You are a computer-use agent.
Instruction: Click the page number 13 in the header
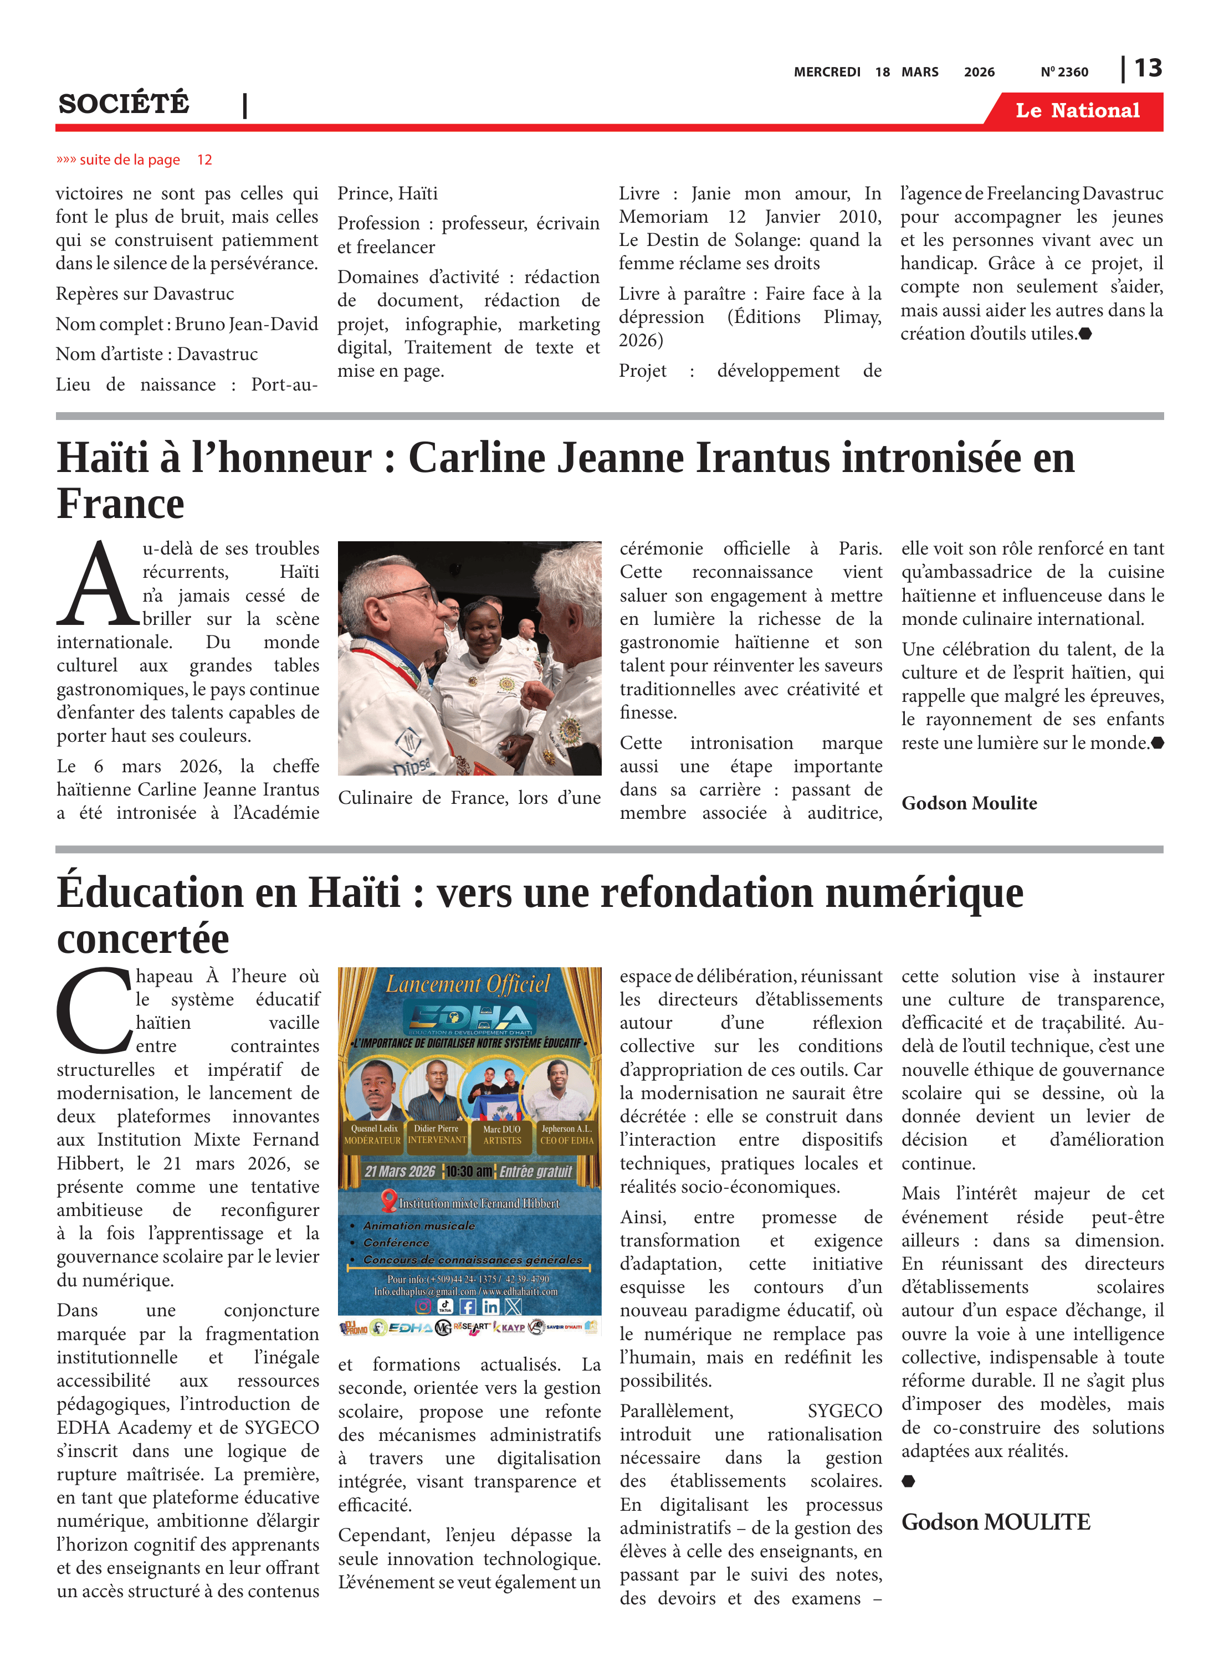point(1148,69)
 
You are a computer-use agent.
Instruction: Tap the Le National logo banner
point(1077,111)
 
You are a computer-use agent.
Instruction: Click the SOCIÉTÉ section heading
point(124,104)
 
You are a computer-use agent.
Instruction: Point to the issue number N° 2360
point(1064,72)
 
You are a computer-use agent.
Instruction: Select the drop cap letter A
point(96,585)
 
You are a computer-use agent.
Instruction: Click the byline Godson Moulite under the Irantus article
point(969,803)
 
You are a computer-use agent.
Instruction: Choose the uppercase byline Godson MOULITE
point(995,1522)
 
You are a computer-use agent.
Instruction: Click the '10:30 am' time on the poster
point(469,1172)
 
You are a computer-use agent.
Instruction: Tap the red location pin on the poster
point(389,1201)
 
